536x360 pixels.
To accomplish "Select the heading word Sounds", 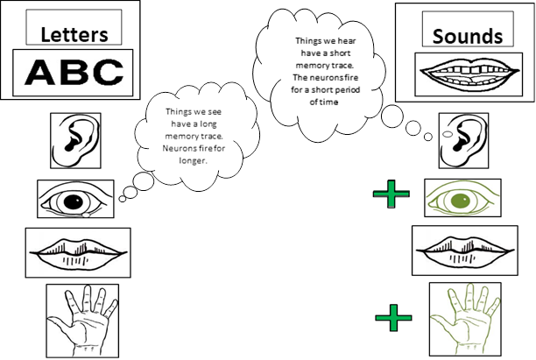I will click(x=468, y=36).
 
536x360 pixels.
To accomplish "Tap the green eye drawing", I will click(x=462, y=198).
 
